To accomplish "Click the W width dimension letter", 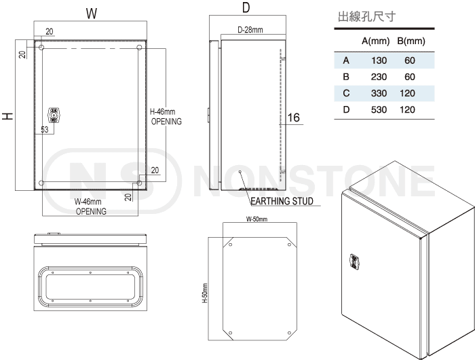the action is click(x=92, y=14).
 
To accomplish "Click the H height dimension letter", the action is click(x=8, y=116).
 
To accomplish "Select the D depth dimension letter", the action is click(x=246, y=7).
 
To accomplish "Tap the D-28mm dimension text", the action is click(x=250, y=30).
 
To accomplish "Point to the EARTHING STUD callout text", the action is click(x=282, y=201).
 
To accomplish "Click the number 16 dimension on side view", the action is click(x=293, y=118).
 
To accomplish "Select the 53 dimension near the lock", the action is click(x=45, y=130).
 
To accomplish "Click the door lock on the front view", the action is click(x=54, y=115).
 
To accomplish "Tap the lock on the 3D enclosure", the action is click(x=354, y=262).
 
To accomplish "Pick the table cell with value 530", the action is click(x=379, y=109).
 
